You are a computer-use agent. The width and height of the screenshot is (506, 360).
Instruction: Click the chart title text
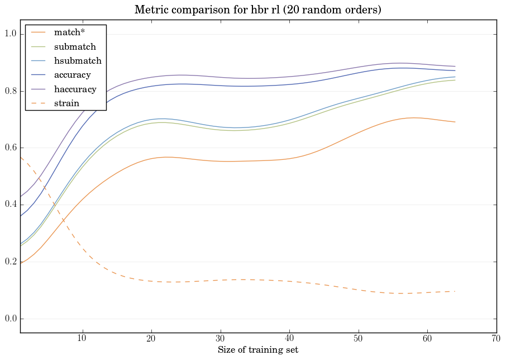258,10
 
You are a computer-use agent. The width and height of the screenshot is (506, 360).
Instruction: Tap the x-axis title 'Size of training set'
258,350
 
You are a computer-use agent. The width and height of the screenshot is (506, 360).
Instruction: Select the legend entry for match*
69,32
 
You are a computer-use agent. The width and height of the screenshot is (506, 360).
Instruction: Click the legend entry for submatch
75,47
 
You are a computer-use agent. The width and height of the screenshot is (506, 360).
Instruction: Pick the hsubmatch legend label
77,61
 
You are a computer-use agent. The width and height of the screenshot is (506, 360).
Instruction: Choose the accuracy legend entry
72,75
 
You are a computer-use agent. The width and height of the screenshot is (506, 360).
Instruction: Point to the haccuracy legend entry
75,89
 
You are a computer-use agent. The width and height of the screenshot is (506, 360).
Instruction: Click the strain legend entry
66,103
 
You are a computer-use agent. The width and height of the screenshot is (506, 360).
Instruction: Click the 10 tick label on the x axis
82,339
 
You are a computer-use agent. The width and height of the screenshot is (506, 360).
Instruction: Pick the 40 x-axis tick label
289,339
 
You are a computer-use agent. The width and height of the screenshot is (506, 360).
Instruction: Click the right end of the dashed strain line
455,291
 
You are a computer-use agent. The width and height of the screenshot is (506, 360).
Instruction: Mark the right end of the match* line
455,122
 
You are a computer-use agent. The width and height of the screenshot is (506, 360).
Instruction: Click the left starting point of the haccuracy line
21,197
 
